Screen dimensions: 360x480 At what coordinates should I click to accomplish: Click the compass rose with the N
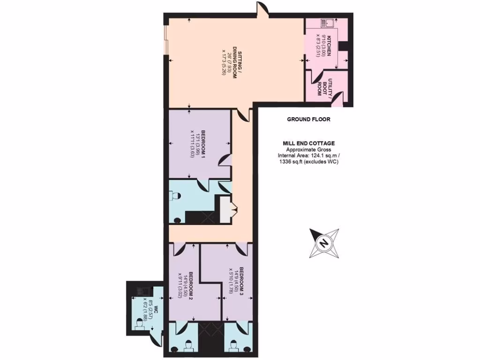pyautogui.click(x=323, y=243)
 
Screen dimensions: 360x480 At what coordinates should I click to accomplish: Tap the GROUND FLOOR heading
pyautogui.click(x=308, y=120)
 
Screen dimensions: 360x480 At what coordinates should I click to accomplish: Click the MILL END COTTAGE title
pyautogui.click(x=308, y=143)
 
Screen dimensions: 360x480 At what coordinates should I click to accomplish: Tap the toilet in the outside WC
pyautogui.click(x=140, y=324)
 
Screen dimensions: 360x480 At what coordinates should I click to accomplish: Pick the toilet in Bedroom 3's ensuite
pyautogui.click(x=233, y=346)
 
